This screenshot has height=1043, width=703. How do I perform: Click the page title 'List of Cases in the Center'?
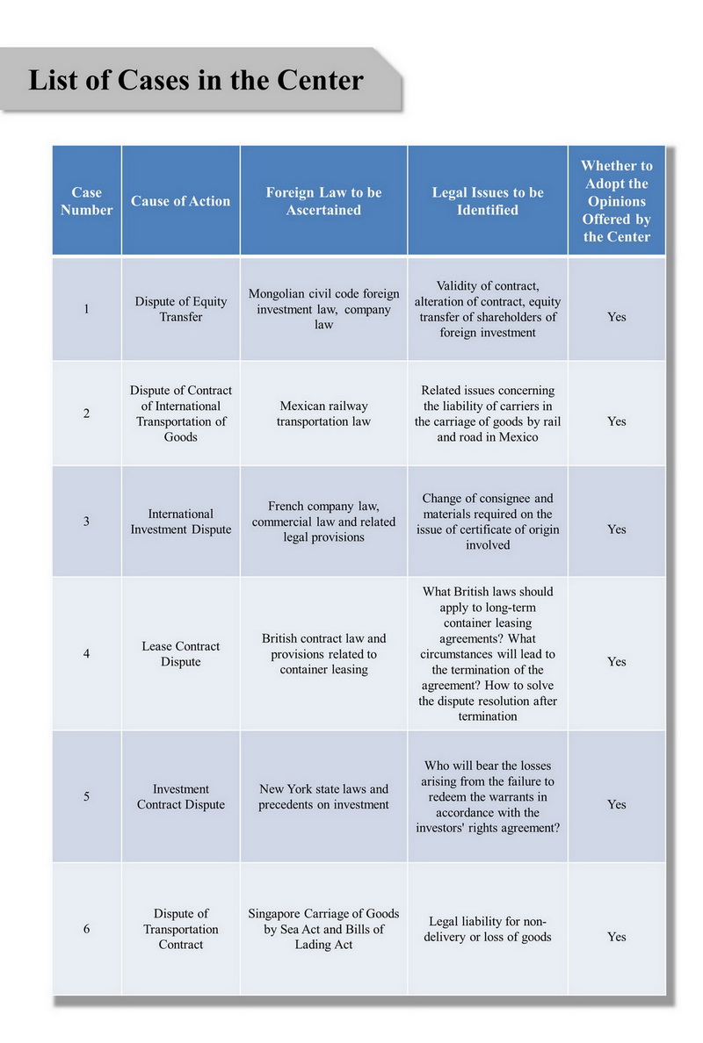point(196,81)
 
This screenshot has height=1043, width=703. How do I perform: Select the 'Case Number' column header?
point(86,201)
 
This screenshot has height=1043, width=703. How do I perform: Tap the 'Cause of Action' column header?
point(180,201)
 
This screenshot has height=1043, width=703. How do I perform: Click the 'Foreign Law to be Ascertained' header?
point(323,201)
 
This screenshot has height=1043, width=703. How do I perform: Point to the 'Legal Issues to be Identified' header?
point(488,201)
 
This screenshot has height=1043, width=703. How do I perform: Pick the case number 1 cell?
point(86,309)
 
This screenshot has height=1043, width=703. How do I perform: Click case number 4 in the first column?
point(86,653)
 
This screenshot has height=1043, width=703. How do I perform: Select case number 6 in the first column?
point(86,929)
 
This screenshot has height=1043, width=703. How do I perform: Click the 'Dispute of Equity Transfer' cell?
point(180,309)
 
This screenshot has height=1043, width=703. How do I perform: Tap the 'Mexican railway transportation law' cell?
point(323,414)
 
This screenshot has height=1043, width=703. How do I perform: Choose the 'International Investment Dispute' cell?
point(180,521)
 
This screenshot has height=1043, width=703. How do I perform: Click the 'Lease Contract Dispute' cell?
point(180,653)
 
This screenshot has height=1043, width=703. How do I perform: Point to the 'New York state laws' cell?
point(323,796)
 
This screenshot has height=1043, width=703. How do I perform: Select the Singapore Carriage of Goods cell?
point(323,929)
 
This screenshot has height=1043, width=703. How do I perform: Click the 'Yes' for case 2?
point(616,421)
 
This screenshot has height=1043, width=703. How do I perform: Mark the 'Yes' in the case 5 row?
point(616,804)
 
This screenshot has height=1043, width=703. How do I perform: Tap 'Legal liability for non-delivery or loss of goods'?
point(488,929)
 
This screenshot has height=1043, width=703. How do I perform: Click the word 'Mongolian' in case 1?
point(279,294)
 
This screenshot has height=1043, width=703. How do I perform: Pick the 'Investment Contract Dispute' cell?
point(180,796)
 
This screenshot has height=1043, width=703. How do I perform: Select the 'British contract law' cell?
point(323,653)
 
